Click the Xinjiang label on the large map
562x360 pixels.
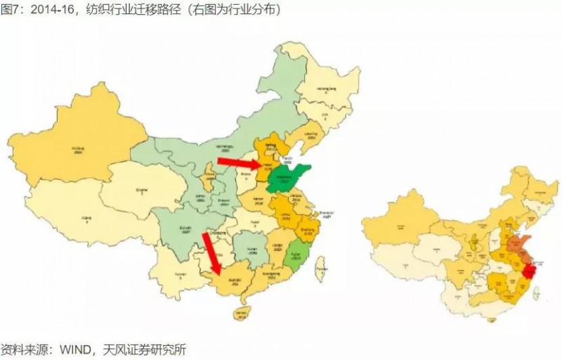click(77, 150)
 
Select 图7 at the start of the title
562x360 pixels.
click(10, 10)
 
